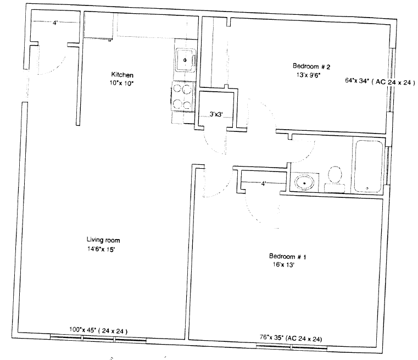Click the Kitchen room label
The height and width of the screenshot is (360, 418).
coord(122,74)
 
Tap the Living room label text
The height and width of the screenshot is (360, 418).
coord(103,240)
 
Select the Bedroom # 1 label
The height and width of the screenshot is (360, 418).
coord(287,257)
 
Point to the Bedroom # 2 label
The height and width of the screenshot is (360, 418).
coord(311,67)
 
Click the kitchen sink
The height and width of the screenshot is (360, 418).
coord(185,60)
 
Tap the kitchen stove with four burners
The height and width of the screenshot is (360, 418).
coord(182,96)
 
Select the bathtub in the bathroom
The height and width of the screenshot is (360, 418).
coord(368,165)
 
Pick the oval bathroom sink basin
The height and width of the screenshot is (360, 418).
coord(304,183)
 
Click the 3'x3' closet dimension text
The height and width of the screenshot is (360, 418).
coord(216,114)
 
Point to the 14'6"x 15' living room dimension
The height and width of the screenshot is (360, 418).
coord(101,250)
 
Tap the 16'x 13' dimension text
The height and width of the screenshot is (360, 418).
coord(283,265)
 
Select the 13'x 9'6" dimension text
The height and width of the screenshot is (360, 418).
coord(308,75)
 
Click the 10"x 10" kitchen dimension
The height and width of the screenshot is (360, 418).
coord(121,83)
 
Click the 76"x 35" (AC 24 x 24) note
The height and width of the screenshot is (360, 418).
coord(291,338)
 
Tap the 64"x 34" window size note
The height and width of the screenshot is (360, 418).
coord(357,81)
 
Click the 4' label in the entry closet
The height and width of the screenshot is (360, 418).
coord(55,23)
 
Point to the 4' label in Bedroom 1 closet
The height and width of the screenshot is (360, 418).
coord(264,184)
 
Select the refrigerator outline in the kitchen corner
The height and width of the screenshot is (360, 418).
coord(99,26)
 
